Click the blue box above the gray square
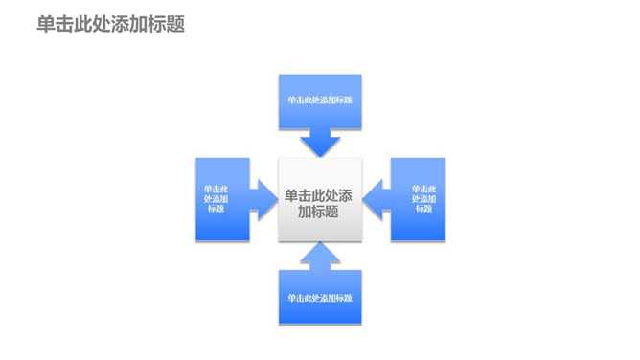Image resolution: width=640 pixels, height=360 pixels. click(320, 101)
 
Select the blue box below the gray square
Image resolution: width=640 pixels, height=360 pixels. click(320, 297)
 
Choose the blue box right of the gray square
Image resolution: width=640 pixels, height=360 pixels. click(419, 199)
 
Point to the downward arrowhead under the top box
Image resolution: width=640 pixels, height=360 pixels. click(320, 145)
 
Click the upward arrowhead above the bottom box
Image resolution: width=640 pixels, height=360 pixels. click(320, 255)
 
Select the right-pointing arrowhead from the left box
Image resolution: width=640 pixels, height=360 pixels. click(263, 199)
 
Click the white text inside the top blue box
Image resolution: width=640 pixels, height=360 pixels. click(320, 100)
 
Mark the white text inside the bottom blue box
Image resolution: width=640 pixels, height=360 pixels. click(320, 298)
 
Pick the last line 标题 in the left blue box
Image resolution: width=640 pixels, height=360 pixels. click(217, 209)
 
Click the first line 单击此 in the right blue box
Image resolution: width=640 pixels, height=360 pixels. click(423, 189)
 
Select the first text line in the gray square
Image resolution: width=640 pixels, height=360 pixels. click(320, 195)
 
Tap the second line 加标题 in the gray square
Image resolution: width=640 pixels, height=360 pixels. click(319, 213)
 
